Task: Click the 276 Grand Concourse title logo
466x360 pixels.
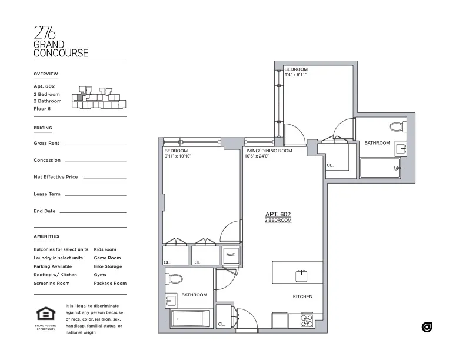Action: pos(61,42)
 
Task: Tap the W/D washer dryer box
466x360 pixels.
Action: pos(231,256)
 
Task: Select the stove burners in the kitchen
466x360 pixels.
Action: pos(307,321)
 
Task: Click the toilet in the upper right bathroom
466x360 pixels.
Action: pos(397,126)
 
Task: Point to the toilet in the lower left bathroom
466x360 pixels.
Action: pos(175,279)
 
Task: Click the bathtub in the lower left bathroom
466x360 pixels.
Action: pos(190,319)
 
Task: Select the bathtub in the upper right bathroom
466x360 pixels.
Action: pos(380,168)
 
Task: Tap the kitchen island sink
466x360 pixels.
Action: pos(302,273)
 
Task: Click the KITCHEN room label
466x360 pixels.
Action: pos(302,297)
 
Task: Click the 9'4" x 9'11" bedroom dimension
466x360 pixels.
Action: pos(296,76)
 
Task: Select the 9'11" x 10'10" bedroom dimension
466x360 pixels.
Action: pos(178,156)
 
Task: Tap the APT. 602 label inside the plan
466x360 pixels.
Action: pos(278,215)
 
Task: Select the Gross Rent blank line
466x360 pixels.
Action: pos(95,144)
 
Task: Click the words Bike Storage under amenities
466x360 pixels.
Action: pos(108,266)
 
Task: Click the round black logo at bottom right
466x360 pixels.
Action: pos(427,327)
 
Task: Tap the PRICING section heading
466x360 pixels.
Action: pos(43,128)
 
